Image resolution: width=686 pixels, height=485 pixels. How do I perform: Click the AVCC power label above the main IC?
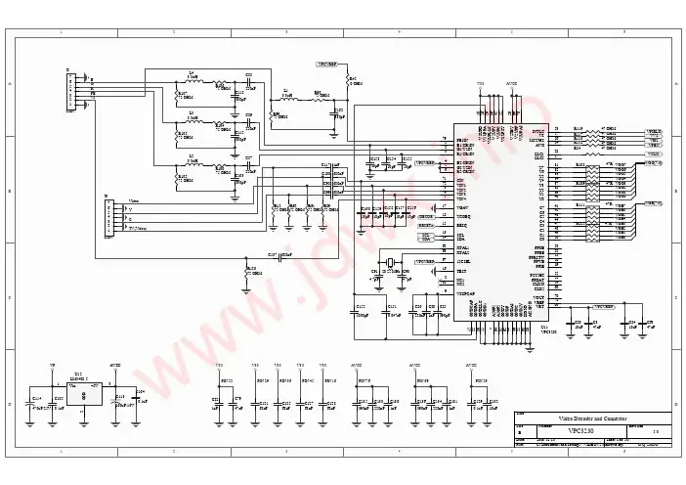tap(511, 85)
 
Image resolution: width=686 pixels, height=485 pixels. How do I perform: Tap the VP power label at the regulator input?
tap(53, 367)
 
